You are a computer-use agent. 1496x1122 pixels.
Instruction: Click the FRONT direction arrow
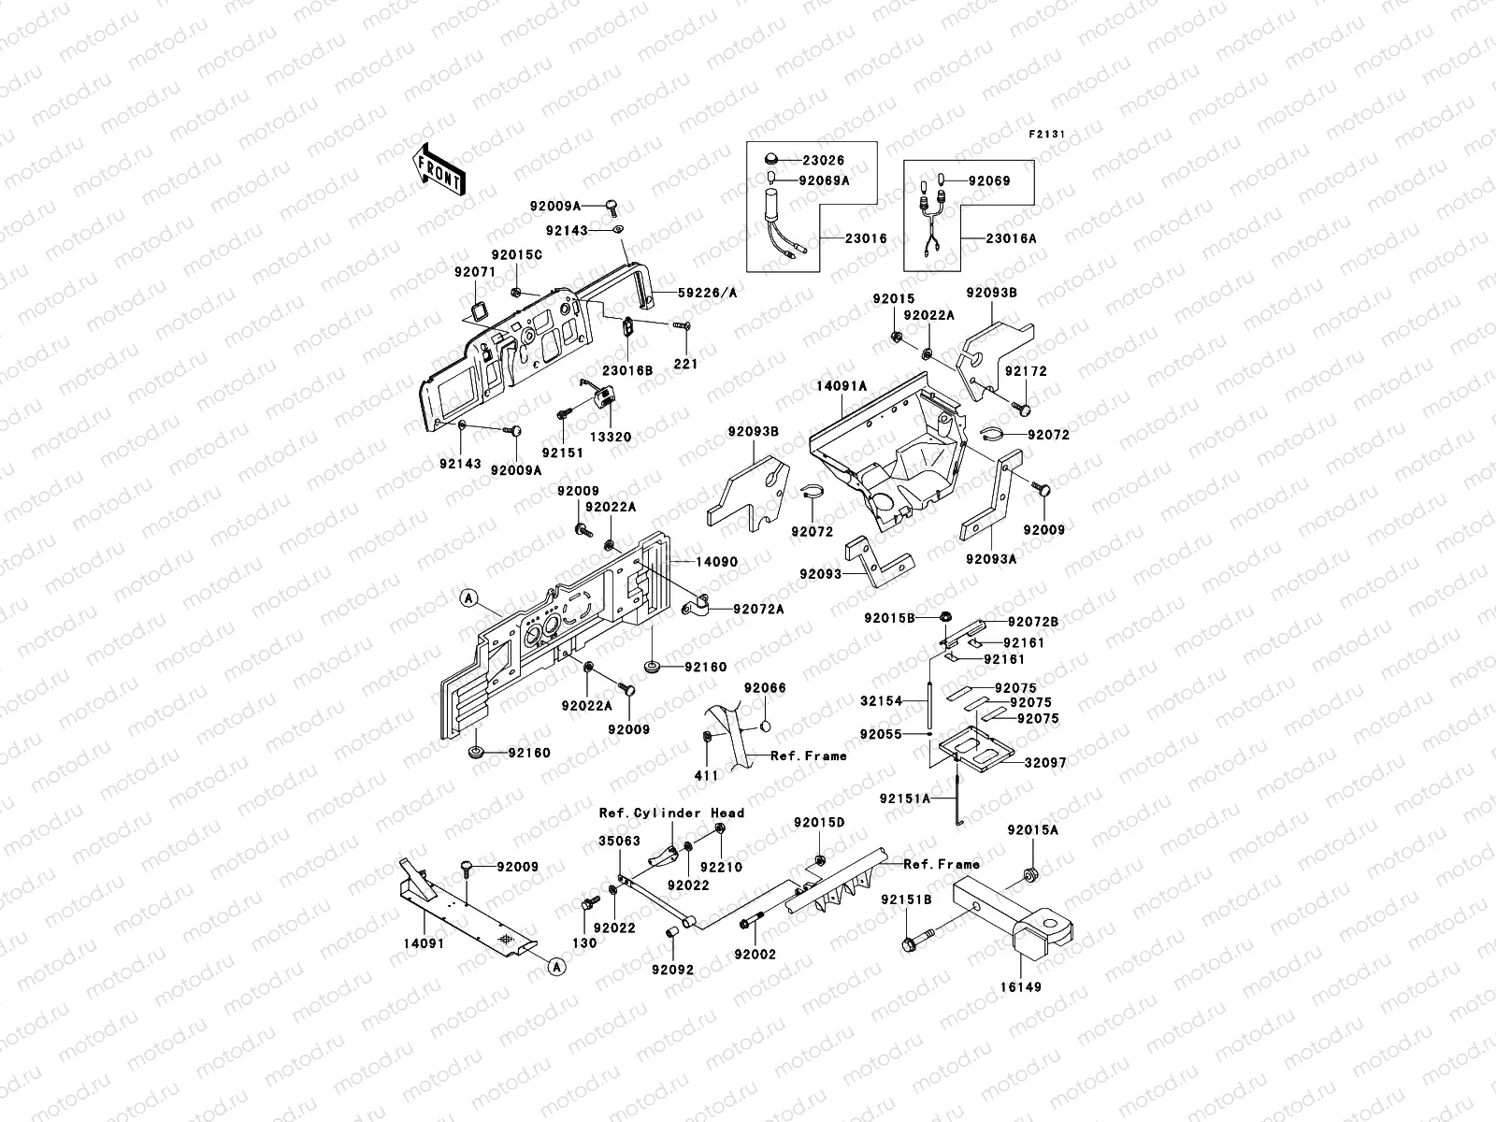(x=439, y=169)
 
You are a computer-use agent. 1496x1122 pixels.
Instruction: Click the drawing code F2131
(x=1047, y=134)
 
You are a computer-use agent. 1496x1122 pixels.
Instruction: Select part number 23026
(x=822, y=161)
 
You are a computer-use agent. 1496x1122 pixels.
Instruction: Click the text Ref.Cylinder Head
(x=671, y=813)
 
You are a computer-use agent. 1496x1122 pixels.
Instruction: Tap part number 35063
(x=619, y=841)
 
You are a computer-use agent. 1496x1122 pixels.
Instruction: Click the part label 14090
(x=716, y=562)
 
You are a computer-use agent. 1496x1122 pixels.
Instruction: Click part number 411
(x=706, y=775)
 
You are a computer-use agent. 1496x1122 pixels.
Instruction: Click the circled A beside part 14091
(x=554, y=967)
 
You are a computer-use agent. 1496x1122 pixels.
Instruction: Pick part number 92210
(x=721, y=867)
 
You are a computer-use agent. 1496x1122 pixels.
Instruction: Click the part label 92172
(x=1026, y=371)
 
